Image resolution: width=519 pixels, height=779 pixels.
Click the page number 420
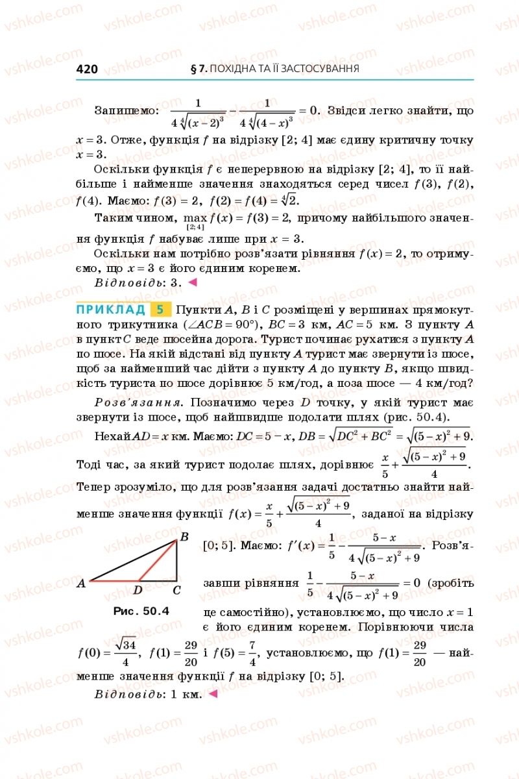coord(87,69)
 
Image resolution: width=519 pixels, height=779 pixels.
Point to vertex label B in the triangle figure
coord(184,537)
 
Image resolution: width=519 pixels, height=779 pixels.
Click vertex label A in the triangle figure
coord(81,583)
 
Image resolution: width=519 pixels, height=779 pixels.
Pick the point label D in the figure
coord(138,590)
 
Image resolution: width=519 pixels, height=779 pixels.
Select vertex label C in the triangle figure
coord(176,590)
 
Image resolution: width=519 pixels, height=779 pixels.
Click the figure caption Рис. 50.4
coord(141,611)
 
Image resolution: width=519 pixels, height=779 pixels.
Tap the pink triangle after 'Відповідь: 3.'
coord(192,282)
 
